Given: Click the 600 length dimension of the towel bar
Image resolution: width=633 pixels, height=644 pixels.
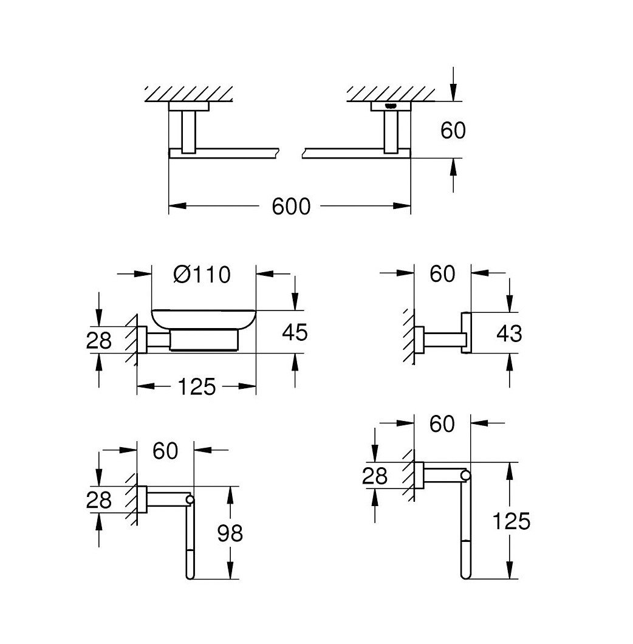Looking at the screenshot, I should [290, 207].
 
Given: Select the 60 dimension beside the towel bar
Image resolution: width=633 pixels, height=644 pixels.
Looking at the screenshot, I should [453, 129].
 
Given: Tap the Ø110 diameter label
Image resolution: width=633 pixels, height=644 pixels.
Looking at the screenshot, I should [202, 275].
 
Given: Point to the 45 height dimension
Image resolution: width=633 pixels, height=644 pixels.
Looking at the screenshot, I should [295, 332].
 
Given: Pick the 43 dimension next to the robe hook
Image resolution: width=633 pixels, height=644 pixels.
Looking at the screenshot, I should [509, 333].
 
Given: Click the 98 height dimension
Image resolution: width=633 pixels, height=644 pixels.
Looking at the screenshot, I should [230, 533].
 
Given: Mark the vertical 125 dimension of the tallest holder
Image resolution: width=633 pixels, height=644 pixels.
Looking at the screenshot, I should [512, 521].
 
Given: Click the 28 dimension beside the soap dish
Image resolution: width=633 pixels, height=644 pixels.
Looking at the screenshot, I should [99, 341].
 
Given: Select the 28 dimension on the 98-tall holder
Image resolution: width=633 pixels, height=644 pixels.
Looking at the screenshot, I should [99, 499].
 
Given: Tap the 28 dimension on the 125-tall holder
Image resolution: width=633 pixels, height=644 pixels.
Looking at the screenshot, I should [375, 476].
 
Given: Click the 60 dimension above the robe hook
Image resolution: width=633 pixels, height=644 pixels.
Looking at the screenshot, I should [442, 274].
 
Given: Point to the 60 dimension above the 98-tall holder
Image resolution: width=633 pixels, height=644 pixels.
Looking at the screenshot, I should [165, 450].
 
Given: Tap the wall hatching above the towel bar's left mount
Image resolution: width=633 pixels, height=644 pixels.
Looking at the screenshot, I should [189, 94].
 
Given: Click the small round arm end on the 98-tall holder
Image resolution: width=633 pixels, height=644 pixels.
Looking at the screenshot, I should [190, 499].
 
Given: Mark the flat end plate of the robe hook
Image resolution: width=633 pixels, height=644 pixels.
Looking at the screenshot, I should [467, 333].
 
